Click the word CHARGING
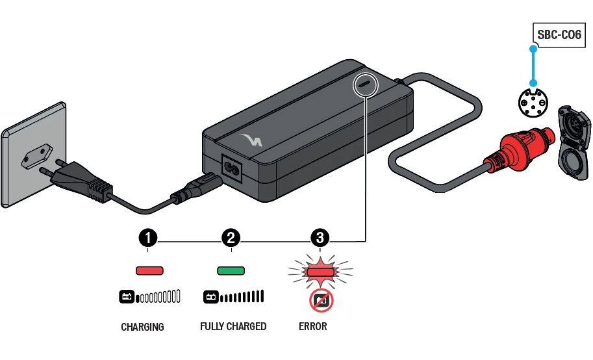tap(142, 327)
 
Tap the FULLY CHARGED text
tap(233, 326)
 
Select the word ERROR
tap(313, 326)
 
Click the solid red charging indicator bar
tap(149, 270)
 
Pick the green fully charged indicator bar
tap(231, 270)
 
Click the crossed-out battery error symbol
tap(320, 300)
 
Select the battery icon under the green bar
tap(211, 298)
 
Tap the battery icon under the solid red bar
tap(127, 298)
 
